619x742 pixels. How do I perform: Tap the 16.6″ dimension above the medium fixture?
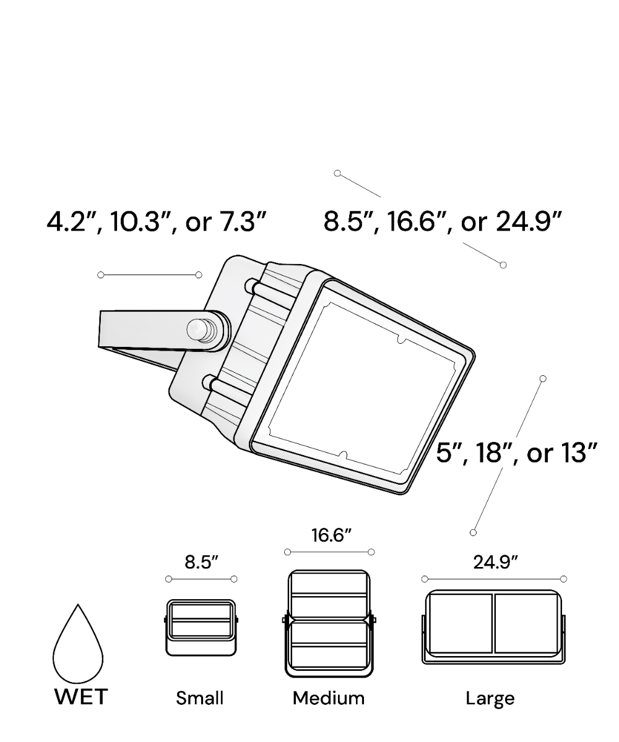tap(331, 535)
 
